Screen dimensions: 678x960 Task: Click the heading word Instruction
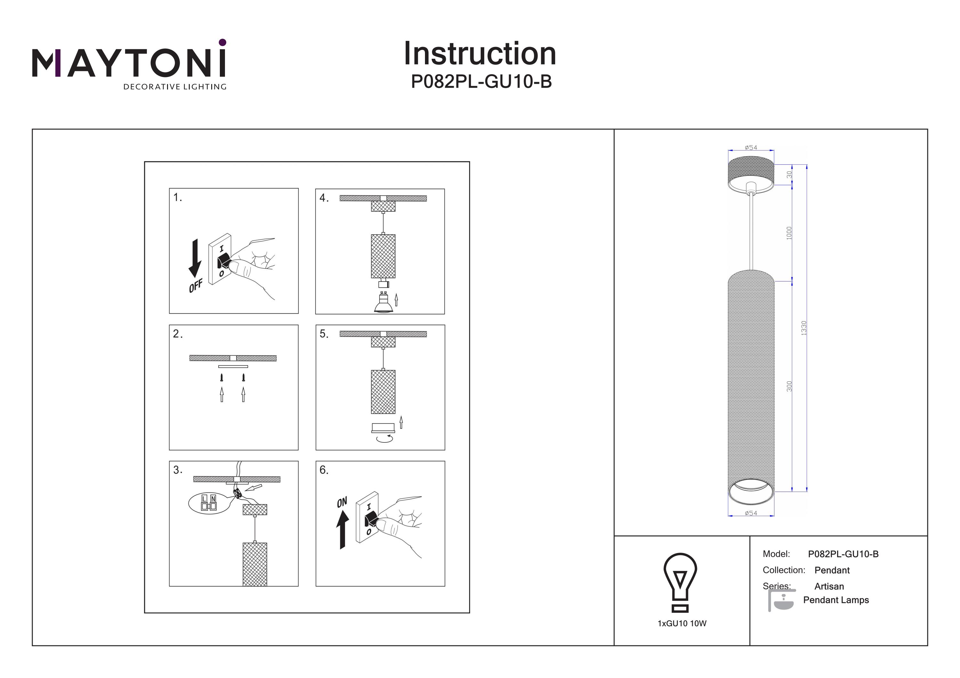click(480, 54)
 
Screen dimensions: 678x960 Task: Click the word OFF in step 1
click(195, 286)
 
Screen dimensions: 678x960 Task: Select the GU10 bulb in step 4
click(383, 304)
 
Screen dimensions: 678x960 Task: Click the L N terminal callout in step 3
click(209, 503)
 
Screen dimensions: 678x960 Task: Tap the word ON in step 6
click(342, 502)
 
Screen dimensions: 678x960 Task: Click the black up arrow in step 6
click(343, 529)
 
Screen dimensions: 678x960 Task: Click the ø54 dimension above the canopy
click(751, 147)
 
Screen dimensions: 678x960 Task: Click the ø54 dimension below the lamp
click(751, 513)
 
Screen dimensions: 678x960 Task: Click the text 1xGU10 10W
click(682, 623)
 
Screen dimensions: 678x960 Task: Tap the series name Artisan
click(829, 586)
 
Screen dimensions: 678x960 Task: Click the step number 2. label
click(178, 333)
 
